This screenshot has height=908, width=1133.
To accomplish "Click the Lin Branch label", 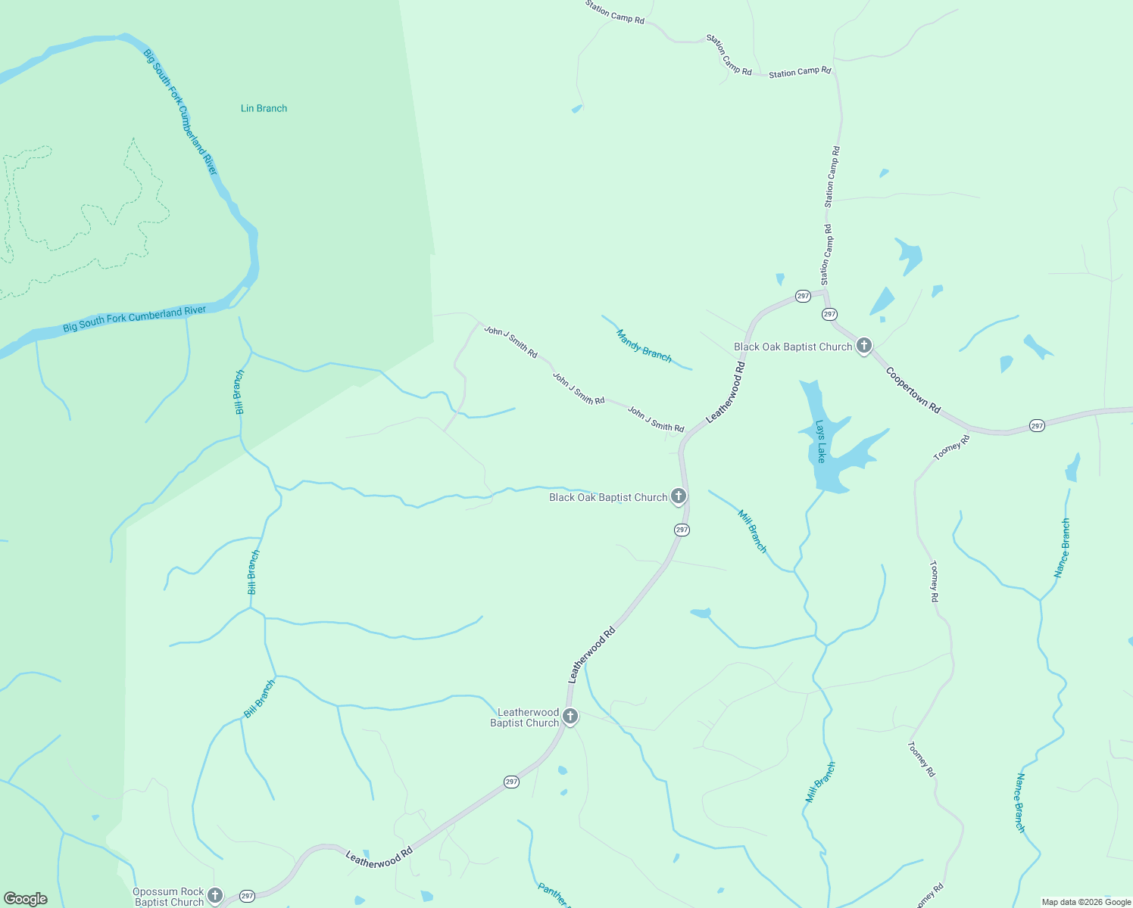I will point(264,108).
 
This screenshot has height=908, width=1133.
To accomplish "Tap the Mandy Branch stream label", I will point(644,345).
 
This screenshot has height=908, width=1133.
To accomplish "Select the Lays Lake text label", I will point(820,441).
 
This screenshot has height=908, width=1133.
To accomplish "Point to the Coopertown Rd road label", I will point(913,390).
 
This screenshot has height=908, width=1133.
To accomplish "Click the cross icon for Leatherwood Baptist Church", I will point(570,716).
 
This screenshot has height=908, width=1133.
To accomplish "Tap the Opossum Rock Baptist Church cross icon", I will point(215,895).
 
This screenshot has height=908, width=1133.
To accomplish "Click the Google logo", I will point(26,899).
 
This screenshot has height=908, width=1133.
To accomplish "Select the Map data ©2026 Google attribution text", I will point(1086,902).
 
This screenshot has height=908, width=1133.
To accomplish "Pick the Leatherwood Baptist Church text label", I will point(524,717).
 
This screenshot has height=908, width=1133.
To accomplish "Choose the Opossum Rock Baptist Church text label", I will point(169,897).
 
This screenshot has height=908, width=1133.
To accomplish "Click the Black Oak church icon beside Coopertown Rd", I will point(863,346).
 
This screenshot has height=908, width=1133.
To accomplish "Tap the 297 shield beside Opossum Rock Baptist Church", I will point(247,896).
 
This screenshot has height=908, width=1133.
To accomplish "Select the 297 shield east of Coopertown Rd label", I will point(1037,426).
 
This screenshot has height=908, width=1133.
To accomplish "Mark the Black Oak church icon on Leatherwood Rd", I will point(679,496).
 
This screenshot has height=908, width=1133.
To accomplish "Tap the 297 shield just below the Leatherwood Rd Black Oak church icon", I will point(682,530).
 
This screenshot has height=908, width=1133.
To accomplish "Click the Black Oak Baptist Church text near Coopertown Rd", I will point(793,347).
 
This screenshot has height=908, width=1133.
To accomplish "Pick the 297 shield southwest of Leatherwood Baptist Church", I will point(511,782).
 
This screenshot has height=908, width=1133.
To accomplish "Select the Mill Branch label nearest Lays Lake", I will point(753,531).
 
